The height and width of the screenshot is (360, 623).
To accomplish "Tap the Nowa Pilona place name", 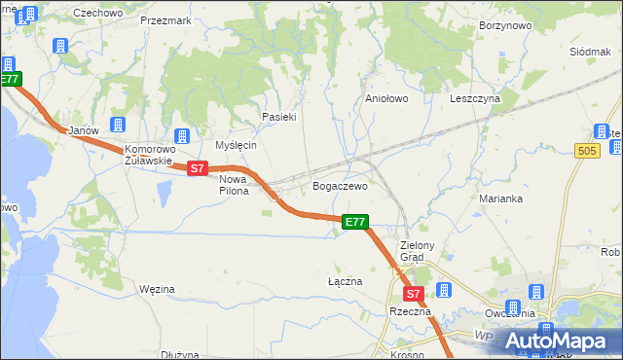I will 234,185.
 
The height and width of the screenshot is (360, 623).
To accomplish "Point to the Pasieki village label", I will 278,117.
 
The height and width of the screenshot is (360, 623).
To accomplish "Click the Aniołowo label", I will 385,98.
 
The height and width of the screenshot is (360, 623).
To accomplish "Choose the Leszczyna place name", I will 474,98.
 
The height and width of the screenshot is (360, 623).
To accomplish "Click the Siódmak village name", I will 589,51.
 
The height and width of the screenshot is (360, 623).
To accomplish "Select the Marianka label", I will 501,198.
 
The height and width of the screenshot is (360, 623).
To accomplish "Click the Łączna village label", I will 345,281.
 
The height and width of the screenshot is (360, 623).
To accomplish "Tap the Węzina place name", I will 157,289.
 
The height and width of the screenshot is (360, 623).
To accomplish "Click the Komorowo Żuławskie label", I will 148,156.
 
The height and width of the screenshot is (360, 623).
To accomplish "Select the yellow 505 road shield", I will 586,150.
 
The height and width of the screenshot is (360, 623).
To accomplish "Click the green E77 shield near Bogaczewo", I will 355,223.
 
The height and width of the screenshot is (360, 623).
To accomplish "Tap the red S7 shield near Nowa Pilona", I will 198,168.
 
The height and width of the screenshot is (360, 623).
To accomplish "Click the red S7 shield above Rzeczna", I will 413,293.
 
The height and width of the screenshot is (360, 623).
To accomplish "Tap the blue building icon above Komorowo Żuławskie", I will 181,135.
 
